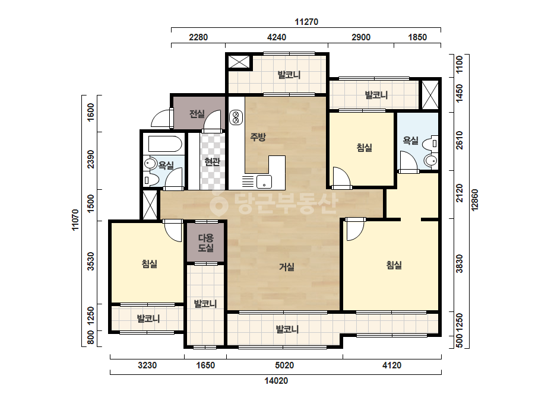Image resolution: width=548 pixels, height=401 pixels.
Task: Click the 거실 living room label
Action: point(287,267)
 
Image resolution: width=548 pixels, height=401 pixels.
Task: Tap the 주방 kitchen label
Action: point(258,137)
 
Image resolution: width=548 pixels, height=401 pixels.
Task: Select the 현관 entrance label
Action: point(212,162)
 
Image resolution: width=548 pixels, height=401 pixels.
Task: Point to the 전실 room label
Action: point(197,114)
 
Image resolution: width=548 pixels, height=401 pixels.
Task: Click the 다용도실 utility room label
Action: point(206,243)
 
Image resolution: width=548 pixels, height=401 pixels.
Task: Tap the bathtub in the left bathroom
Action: point(165,144)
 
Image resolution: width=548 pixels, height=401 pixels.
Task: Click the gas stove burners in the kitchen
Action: point(236,117)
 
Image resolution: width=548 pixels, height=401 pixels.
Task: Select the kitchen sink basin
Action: point(264,182)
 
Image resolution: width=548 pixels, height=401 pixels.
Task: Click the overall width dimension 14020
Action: point(276,381)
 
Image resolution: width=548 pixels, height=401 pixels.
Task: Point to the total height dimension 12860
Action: point(474,200)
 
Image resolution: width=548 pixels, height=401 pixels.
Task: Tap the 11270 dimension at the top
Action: point(306,22)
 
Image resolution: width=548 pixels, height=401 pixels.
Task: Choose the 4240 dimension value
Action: point(277,37)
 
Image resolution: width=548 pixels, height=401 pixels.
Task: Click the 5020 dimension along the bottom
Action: point(284,366)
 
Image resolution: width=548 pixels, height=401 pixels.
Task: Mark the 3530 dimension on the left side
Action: point(91,261)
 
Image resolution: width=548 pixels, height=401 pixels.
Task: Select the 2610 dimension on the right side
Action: point(459,140)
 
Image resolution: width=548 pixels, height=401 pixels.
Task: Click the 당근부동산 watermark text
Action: point(274,203)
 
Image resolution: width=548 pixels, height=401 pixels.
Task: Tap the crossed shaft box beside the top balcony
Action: point(239,62)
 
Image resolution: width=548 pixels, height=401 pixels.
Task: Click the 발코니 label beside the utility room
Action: point(205,304)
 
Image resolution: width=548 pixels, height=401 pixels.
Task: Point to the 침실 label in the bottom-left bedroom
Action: point(149,264)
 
